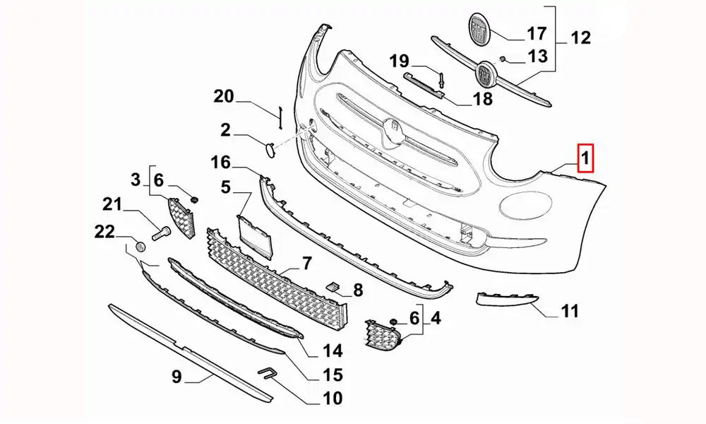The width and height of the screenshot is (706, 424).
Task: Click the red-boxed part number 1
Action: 587,158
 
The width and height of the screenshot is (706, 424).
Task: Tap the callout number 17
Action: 537,33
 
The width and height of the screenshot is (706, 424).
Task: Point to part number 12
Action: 580,37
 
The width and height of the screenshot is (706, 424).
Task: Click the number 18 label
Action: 483,98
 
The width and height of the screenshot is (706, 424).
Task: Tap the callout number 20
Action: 224,97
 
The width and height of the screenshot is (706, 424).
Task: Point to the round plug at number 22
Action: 140,247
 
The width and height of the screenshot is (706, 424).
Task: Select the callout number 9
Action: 176,378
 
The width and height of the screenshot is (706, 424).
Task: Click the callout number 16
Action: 220,163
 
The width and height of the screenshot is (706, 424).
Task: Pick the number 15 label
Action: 333,375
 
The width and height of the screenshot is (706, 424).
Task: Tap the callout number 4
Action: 436,319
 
